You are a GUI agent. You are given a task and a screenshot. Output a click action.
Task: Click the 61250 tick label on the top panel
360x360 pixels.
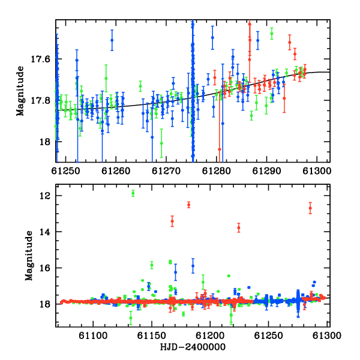pos(65,171)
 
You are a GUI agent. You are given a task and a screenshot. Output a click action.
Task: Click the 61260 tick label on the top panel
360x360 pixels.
pos(116,171)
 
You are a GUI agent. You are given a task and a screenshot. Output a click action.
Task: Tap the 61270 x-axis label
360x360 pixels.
pos(166,171)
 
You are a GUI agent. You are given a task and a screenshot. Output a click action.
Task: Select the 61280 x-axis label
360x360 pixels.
pos(216,171)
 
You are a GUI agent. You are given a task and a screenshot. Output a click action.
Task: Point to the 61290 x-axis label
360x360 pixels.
pos(266,171)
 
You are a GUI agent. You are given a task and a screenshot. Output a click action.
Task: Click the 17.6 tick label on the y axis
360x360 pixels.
pos(40,59)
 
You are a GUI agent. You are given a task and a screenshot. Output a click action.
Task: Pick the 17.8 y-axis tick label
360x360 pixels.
pos(40,100)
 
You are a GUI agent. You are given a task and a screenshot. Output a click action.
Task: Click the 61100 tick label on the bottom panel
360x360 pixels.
pos(93,335)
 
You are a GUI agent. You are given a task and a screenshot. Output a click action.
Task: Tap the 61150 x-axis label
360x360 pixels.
pos(152,335)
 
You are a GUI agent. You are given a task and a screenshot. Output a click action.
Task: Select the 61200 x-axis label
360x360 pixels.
pos(210,335)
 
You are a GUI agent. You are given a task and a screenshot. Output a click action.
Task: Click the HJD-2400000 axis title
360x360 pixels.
pos(193,347)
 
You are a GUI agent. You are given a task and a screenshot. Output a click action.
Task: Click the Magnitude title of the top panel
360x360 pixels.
pos(20,91)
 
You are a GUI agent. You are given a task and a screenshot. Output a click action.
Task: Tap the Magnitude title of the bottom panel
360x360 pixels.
pos(29,256)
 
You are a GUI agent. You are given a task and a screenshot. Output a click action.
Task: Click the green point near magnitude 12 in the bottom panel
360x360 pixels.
pos(133,193)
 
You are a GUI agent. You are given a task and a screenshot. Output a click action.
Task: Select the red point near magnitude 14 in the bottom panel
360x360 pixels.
pos(239,228)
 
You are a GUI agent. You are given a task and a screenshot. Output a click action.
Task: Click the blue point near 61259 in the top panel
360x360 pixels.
pos(112,40)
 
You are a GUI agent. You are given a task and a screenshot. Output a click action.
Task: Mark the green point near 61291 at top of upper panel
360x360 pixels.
pos(272,34)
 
